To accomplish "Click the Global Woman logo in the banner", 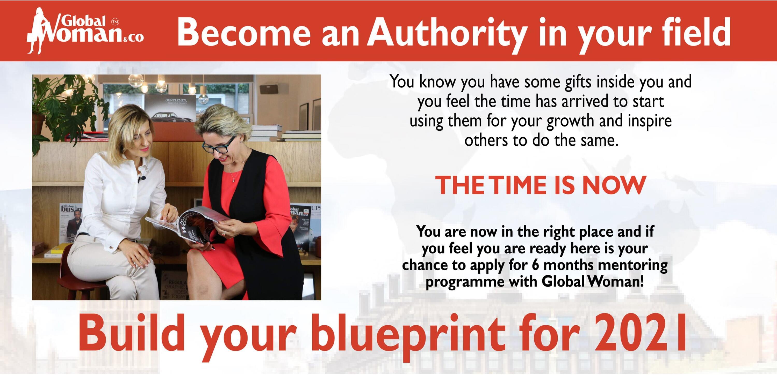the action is pyautogui.click(x=85, y=31).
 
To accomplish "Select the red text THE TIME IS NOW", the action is pyautogui.click(x=541, y=185).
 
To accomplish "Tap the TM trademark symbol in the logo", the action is pyautogui.click(x=115, y=22).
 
